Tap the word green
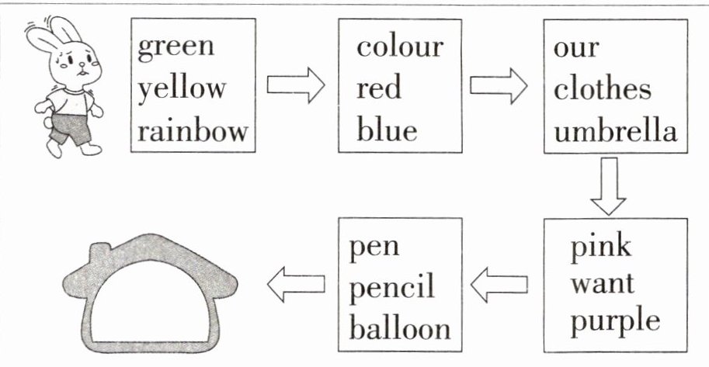click(x=176, y=46)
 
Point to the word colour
click(x=400, y=46)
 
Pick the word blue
click(x=387, y=129)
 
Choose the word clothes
click(x=603, y=88)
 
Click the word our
click(x=576, y=47)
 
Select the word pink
click(x=601, y=248)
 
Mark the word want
click(x=603, y=284)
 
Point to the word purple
click(x=615, y=321)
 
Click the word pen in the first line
click(x=374, y=248)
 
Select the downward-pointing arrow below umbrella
click(x=608, y=186)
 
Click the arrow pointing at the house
click(x=295, y=286)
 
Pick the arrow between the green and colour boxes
click(x=295, y=85)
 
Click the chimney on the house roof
click(x=101, y=251)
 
